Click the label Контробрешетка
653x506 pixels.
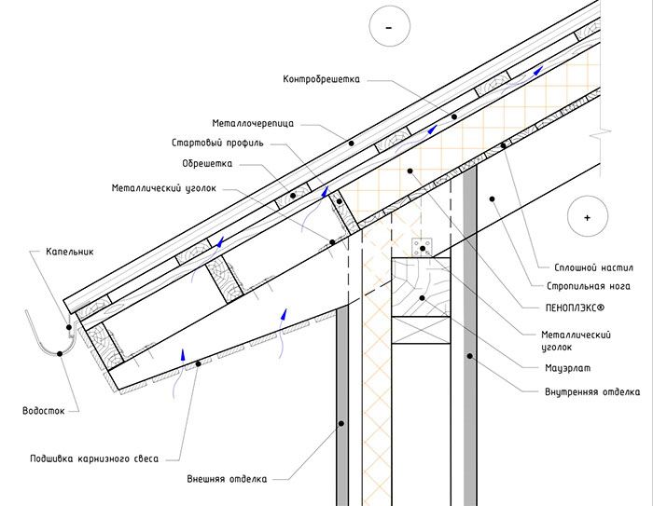[321, 79]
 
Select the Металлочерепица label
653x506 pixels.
[255, 123]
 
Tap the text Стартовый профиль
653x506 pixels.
[217, 144]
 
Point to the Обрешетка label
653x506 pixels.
[207, 163]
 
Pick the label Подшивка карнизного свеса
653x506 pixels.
[92, 458]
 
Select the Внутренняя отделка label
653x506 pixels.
[591, 391]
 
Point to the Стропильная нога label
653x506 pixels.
[581, 286]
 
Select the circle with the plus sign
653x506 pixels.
[587, 216]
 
